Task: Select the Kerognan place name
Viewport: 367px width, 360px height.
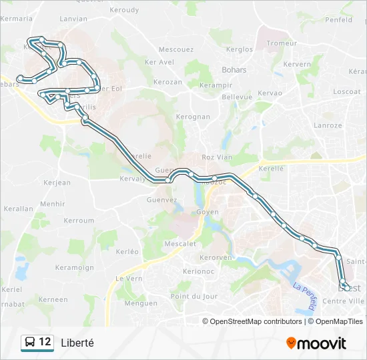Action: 192,117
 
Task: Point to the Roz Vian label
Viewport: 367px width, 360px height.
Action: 217,157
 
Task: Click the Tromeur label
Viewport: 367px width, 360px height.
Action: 282,43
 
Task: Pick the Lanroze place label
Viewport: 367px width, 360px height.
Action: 328,125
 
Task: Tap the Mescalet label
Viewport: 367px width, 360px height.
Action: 179,244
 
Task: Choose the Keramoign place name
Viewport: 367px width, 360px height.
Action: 75,267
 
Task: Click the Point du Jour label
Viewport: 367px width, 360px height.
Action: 194,296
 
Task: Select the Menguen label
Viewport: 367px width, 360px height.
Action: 141,303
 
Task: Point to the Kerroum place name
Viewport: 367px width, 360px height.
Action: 79,221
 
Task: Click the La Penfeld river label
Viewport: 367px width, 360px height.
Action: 303,297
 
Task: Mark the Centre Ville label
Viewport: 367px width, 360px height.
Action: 344,301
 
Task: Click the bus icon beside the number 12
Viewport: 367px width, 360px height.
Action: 29,343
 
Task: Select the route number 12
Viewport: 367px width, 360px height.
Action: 45,342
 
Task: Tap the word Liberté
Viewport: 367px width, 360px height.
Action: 77,343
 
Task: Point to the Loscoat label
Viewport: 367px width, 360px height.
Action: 347,91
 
